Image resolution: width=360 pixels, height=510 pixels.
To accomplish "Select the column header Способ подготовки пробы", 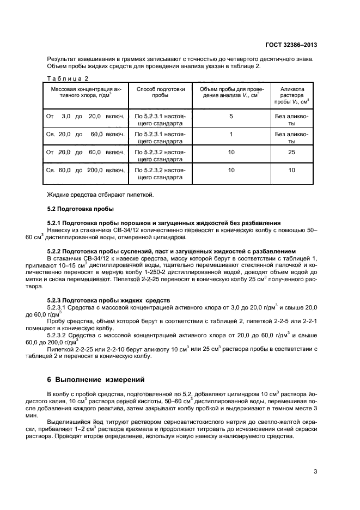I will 160,92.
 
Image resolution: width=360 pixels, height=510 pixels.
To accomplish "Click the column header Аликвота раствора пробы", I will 292,95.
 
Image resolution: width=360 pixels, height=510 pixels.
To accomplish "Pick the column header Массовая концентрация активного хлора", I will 86,92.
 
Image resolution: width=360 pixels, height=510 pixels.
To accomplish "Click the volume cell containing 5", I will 231,117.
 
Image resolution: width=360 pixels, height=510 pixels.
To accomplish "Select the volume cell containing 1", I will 231,134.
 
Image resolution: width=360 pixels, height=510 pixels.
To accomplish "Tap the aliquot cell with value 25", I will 292,152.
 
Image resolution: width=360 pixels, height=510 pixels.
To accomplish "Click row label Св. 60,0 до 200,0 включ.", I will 86,171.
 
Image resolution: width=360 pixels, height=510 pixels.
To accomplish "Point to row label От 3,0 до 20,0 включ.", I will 86,117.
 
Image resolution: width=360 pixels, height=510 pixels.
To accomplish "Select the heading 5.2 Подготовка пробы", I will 78,209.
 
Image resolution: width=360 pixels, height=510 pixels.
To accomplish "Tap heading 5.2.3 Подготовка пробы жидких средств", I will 108,300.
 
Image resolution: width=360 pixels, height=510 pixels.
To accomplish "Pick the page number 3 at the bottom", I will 315,472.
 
